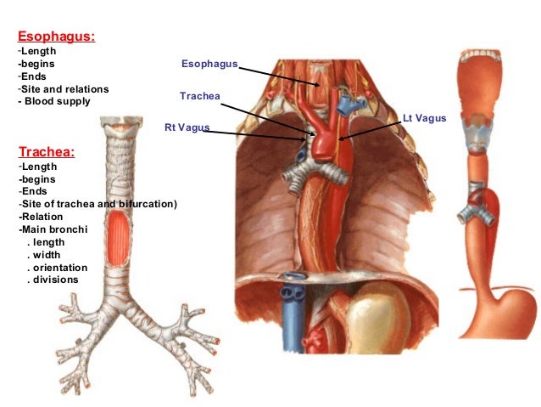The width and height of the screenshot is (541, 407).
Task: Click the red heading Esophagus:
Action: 56,37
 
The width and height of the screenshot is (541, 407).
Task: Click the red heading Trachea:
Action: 47,152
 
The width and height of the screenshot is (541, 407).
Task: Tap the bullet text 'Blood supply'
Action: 57,102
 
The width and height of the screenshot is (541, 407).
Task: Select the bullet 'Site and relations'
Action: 64,89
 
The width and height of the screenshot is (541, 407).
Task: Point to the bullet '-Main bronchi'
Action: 52,229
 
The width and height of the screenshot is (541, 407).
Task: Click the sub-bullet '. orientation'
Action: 60,267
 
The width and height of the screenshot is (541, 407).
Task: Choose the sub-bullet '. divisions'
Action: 53,280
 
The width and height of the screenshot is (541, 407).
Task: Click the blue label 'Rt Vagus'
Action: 187,128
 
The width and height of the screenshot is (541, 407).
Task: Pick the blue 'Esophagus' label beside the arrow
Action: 209,64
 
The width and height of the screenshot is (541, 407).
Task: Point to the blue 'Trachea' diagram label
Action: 200,96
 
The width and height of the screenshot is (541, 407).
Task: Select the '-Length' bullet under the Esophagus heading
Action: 37,51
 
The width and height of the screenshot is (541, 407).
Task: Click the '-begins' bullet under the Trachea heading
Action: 38,178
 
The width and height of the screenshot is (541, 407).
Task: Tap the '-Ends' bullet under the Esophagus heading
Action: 35,76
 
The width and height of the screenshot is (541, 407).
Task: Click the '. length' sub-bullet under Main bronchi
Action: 47,241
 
